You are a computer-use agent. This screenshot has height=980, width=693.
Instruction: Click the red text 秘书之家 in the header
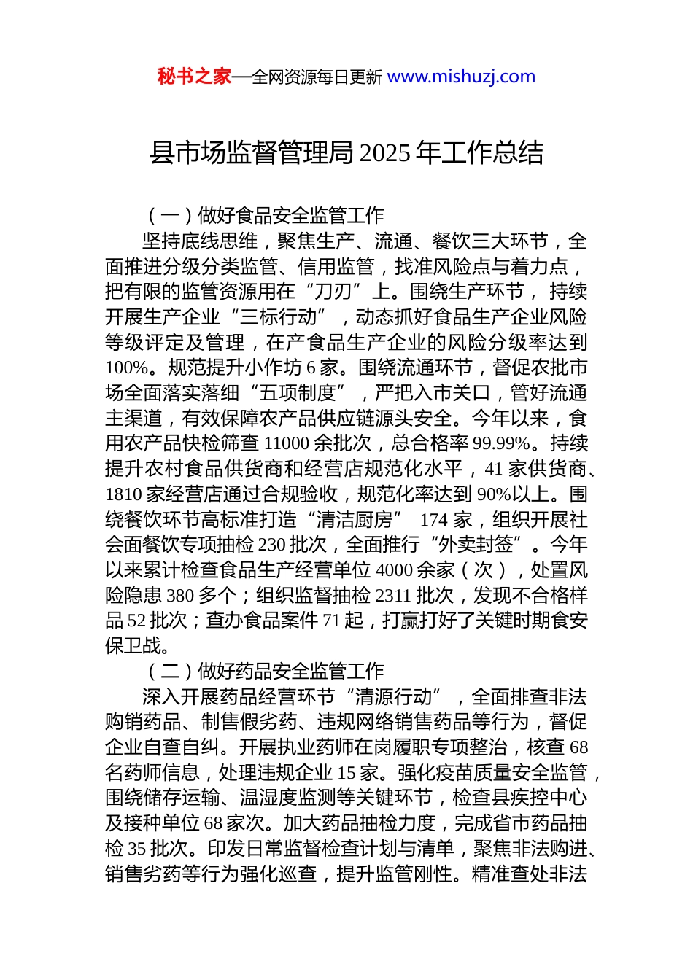pyautogui.click(x=194, y=77)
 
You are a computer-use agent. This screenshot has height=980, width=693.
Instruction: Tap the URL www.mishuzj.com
pyautogui.click(x=461, y=77)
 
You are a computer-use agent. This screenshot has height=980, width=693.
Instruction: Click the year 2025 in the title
pyautogui.click(x=385, y=153)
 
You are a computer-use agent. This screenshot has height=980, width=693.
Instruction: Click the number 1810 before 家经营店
pyautogui.click(x=123, y=494)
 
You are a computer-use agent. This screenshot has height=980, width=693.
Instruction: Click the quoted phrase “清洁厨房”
pyautogui.click(x=355, y=520)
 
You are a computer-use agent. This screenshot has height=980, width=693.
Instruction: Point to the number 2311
pyautogui.click(x=392, y=596)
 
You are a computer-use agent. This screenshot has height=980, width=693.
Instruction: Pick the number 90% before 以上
pyautogui.click(x=493, y=494)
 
